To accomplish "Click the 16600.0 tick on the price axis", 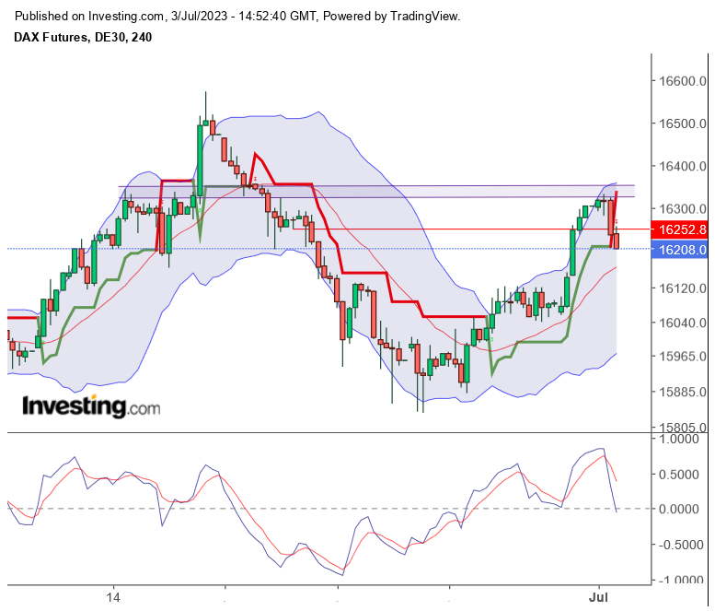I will (682, 81).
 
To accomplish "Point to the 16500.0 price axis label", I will (682, 123).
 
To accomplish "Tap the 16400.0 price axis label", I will (682, 166).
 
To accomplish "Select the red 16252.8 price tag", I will (682, 229).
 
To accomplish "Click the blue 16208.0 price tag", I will (682, 249).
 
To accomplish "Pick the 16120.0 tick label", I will (682, 288).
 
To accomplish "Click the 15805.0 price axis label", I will (682, 428).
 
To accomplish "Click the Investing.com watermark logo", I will (90, 406).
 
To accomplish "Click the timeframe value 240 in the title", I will (142, 38).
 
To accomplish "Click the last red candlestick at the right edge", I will (616, 241).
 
